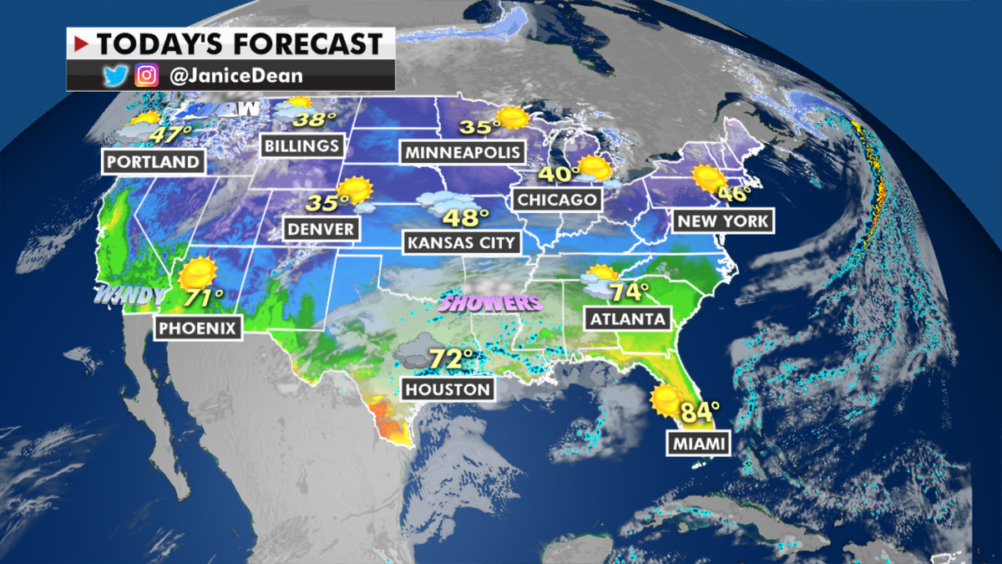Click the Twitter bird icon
point(114,76)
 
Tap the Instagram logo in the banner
point(147,76)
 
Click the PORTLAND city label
point(154,161)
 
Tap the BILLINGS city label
point(302,145)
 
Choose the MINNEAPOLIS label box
point(463,152)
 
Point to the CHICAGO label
point(557,200)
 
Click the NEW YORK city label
point(722,221)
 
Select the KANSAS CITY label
point(461,243)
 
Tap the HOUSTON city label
point(448,389)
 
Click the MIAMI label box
point(698,444)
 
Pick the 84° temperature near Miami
point(701,413)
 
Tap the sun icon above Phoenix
point(197,272)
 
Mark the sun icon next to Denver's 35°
point(356,191)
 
